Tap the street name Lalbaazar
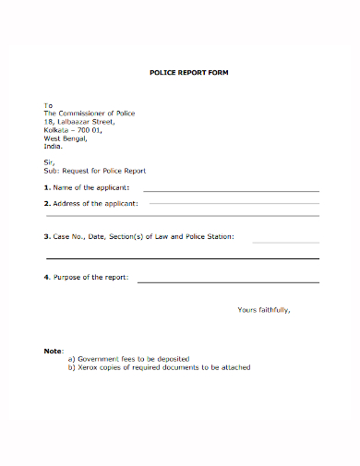pyautogui.click(x=76, y=122)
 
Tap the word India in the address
pyautogui.click(x=53, y=146)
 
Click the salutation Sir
pyautogui.click(x=50, y=162)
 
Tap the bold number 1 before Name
pyautogui.click(x=47, y=186)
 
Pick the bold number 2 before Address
pyautogui.click(x=47, y=202)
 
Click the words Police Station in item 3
pyautogui.click(x=209, y=237)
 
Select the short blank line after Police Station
pyautogui.click(x=285, y=241)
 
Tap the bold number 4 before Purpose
pyautogui.click(x=47, y=277)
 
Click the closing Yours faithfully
pyautogui.click(x=264, y=310)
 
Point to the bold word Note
pyautogui.click(x=53, y=352)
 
